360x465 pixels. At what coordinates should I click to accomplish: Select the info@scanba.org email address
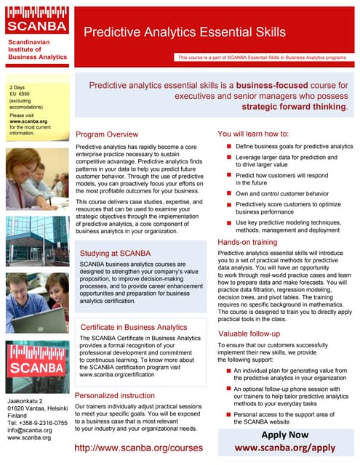pos(29,429)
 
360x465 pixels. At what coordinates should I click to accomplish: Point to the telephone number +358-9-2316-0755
pos(36,421)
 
